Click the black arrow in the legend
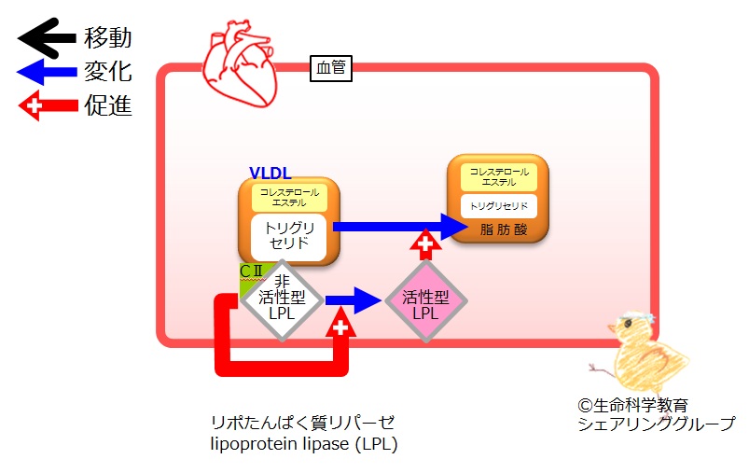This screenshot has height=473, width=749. coord(47,37)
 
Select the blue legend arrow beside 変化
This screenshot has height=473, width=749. coord(47,72)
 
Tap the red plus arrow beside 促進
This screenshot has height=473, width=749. coord(48,105)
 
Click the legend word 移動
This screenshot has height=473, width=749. coord(108,37)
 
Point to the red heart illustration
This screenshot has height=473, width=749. coord(240,63)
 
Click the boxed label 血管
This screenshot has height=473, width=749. coord(331,68)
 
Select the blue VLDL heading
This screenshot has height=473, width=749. coord(270,173)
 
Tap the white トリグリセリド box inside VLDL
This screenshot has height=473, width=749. coord(289,237)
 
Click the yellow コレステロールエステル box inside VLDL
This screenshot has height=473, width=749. coord(289,198)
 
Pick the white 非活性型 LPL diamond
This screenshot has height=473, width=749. coord(282,300)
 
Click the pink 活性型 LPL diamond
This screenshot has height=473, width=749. coord(425,301)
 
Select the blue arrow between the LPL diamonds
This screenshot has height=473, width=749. coord(354,300)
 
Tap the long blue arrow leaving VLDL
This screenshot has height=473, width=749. coord(400,227)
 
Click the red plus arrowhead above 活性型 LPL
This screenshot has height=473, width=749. coord(425,244)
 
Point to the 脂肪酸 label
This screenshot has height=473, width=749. coord(504,230)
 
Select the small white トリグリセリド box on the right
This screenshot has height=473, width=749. coord(499,206)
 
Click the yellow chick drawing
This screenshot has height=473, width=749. coord(640,353)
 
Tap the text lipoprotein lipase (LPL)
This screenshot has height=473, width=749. coord(304,444)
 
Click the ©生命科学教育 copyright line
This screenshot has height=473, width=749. coord(633,406)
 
